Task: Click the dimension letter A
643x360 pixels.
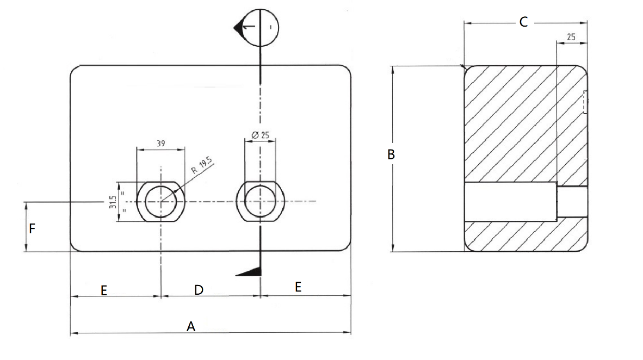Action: tap(190, 326)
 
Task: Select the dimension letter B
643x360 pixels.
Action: tap(391, 154)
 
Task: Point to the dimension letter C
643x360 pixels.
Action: tap(523, 22)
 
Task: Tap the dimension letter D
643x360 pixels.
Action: tap(199, 290)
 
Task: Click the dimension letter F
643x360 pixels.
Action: tap(32, 229)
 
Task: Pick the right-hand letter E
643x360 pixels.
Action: tap(298, 287)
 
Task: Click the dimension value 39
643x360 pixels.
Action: tap(160, 144)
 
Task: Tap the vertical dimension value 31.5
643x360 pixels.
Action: tap(113, 202)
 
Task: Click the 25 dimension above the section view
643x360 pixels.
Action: tap(571, 37)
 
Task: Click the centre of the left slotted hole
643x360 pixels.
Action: tap(161, 201)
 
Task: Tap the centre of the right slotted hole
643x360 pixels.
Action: tap(260, 201)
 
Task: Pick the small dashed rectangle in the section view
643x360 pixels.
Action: tap(585, 102)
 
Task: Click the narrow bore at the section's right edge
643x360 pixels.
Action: tap(572, 201)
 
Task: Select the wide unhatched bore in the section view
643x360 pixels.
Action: tap(510, 202)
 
